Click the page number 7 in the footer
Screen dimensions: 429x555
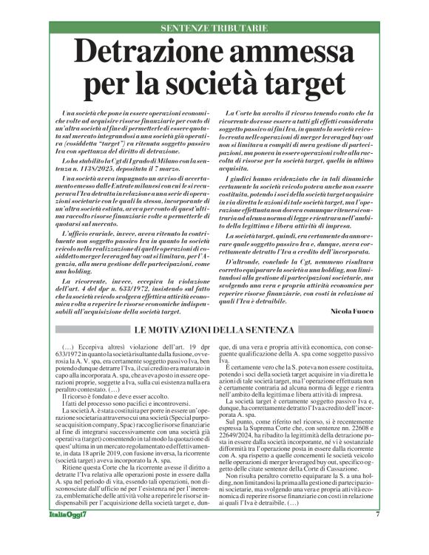point(377,535)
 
